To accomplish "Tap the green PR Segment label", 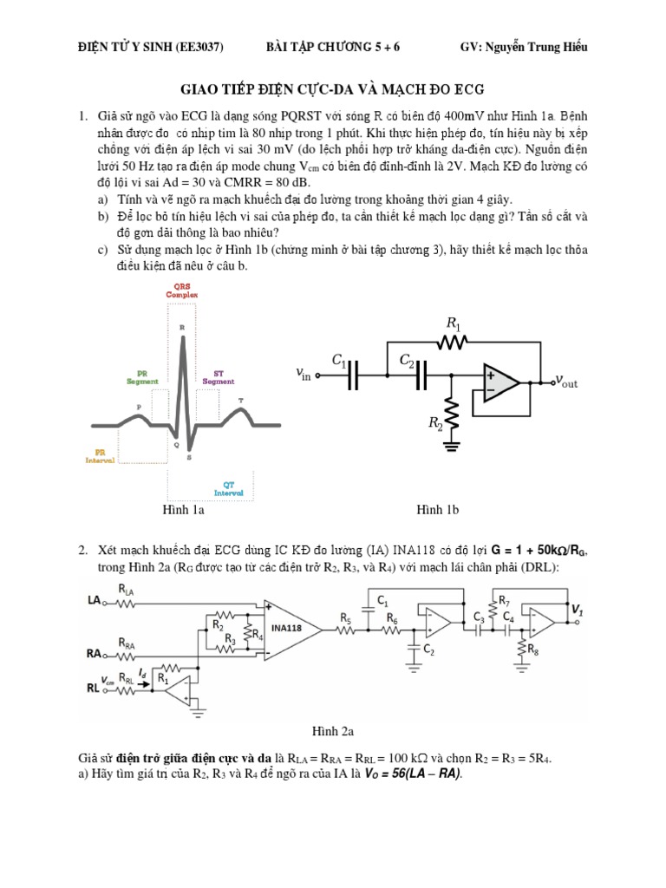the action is click(x=142, y=378).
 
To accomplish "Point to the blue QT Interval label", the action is click(x=229, y=489).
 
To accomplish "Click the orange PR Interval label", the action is click(x=101, y=456).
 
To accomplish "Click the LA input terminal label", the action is click(x=95, y=599).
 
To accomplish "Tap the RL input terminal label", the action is click(x=94, y=688).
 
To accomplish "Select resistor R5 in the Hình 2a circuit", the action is click(x=346, y=632).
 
